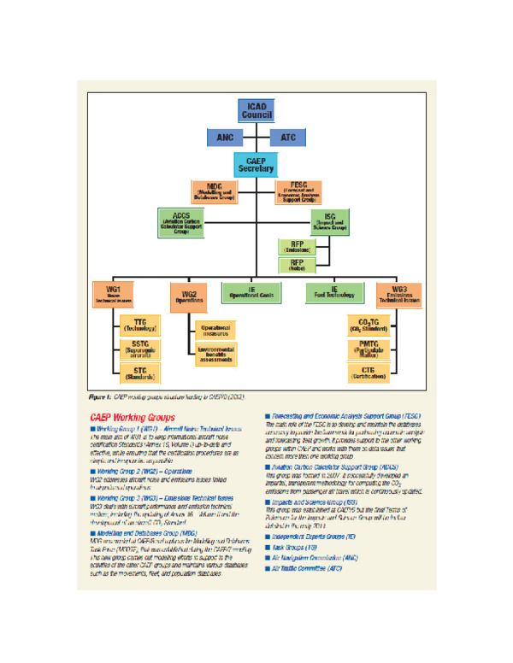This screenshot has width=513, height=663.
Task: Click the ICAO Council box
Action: coord(255,111)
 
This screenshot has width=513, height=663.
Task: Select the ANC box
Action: coord(225,137)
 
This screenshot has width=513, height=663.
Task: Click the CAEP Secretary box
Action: coord(256,164)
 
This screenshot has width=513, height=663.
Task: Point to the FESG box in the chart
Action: coord(298,191)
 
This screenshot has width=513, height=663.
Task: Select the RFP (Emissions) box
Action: coord(297,246)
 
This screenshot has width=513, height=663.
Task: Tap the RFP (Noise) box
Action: coord(297,265)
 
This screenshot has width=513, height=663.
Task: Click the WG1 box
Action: coord(114,294)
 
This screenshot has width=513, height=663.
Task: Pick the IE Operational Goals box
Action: coord(256,292)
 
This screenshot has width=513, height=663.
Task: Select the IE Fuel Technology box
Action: coord(334,292)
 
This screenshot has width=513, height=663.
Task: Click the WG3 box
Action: coord(398,294)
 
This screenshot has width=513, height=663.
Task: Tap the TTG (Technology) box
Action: coord(141,325)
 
